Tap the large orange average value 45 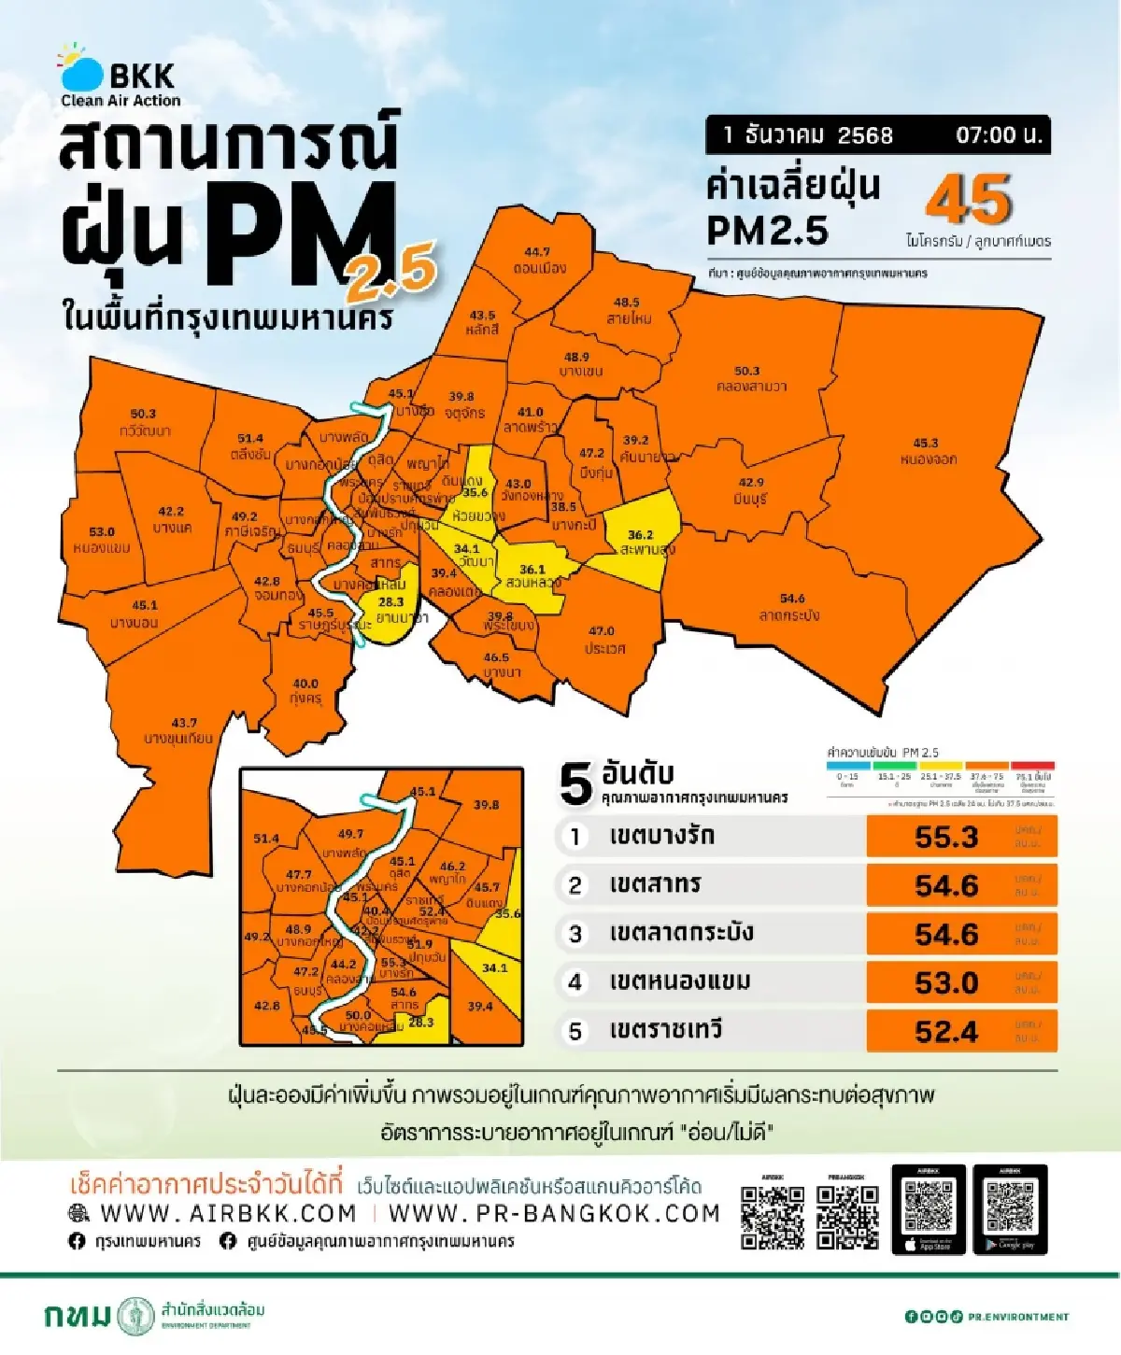(x=968, y=200)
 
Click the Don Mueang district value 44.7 (x=537, y=252)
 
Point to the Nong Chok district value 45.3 (x=926, y=444)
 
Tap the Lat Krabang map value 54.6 (x=792, y=599)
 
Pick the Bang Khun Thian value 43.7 (x=184, y=723)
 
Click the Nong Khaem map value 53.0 (x=102, y=532)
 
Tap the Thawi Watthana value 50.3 (x=143, y=414)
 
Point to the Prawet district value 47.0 (x=602, y=631)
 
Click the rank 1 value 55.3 (x=946, y=838)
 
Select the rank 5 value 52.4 (x=946, y=1032)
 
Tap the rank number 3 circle (x=575, y=935)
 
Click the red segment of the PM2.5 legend (x=1032, y=766)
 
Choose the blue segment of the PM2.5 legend (x=847, y=766)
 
